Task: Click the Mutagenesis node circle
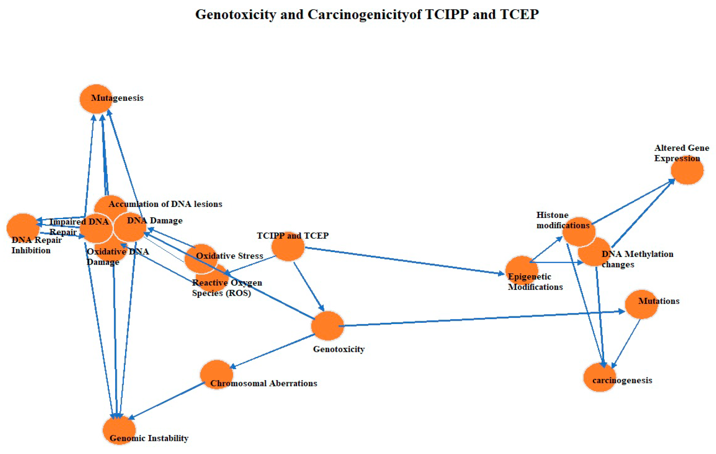96,99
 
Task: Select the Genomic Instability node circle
119,430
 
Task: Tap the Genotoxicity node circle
327,326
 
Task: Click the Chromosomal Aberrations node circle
216,374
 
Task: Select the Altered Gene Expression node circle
687,170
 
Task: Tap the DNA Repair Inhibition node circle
23,228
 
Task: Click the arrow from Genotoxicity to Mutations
482,319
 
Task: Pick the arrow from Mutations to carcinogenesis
626,343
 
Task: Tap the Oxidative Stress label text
230,256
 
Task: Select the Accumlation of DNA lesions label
165,204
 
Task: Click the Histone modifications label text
563,220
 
